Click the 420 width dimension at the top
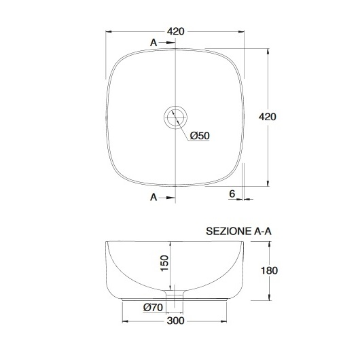pos(175,31)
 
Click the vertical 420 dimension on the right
pos(267,117)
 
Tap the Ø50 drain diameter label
pos(200,136)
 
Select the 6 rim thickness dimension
pos(232,194)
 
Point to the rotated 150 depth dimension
pos(164,263)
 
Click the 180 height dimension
pos(269,270)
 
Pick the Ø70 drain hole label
pos(153,307)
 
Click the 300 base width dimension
pos(176,321)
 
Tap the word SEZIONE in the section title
pos(228,231)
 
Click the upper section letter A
pos(154,43)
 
